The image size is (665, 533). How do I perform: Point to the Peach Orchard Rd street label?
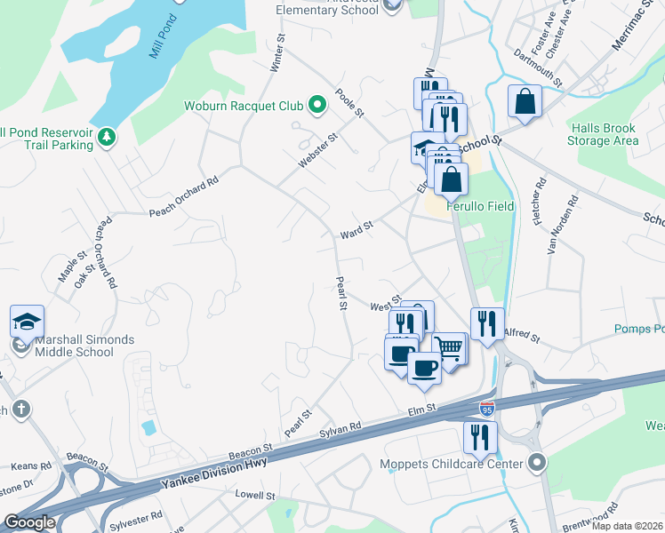point(183,198)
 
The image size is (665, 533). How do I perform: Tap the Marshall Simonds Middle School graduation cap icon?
point(27,321)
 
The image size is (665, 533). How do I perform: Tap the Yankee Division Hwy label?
point(213,470)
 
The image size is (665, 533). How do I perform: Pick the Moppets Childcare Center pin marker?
point(536,462)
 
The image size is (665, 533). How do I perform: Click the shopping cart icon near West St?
point(450,348)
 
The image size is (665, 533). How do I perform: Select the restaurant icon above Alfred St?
point(487,323)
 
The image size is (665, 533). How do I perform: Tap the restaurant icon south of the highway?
point(477,436)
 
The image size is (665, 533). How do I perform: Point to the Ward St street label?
point(356,231)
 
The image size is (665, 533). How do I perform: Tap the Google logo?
point(30,522)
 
